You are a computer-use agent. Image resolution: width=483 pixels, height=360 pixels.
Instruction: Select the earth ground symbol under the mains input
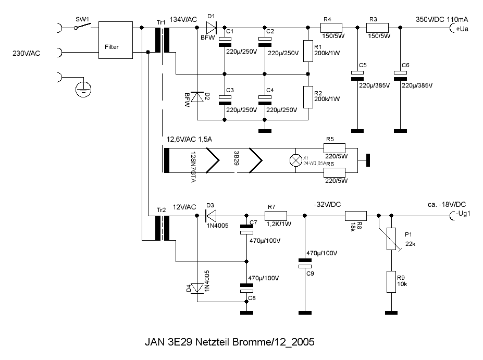pyautogui.click(x=81, y=90)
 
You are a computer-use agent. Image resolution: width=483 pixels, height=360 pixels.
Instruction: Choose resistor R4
pyautogui.click(x=330, y=28)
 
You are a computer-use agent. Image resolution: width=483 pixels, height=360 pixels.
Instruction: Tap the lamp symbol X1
pyautogui.click(x=295, y=161)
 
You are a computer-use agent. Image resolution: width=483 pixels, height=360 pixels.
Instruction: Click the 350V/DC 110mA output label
pyautogui.click(x=441, y=19)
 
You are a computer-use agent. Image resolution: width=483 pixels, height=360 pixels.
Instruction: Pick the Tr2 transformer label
pyautogui.click(x=161, y=210)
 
